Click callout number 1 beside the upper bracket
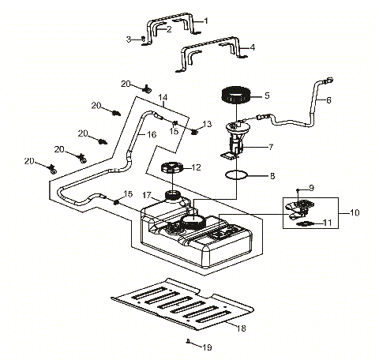pos(206,20)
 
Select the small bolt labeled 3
pos(141,39)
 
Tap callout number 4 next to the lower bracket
pos(252,47)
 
